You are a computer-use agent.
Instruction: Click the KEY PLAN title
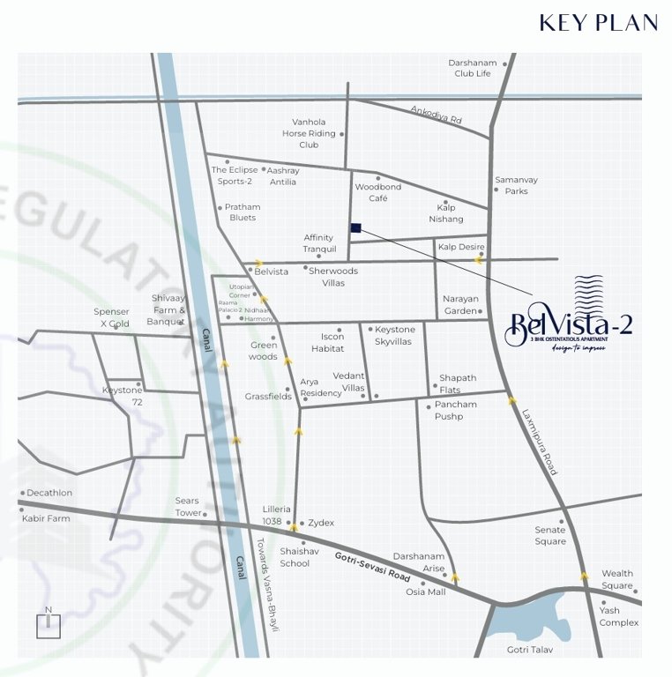tap(598, 23)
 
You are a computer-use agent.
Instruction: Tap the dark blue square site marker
tap(355, 228)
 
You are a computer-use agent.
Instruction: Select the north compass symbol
tap(49, 623)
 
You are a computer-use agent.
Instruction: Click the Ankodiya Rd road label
tap(436, 115)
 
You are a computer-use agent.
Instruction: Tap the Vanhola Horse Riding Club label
tap(309, 133)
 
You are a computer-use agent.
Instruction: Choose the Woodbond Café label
tap(378, 193)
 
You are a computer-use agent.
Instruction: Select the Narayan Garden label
tap(459, 305)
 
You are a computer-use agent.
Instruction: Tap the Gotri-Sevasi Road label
tap(373, 565)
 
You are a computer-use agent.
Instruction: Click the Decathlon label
tap(49, 493)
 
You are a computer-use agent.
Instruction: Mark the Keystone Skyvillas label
tap(394, 335)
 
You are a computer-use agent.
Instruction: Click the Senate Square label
tap(550, 536)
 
